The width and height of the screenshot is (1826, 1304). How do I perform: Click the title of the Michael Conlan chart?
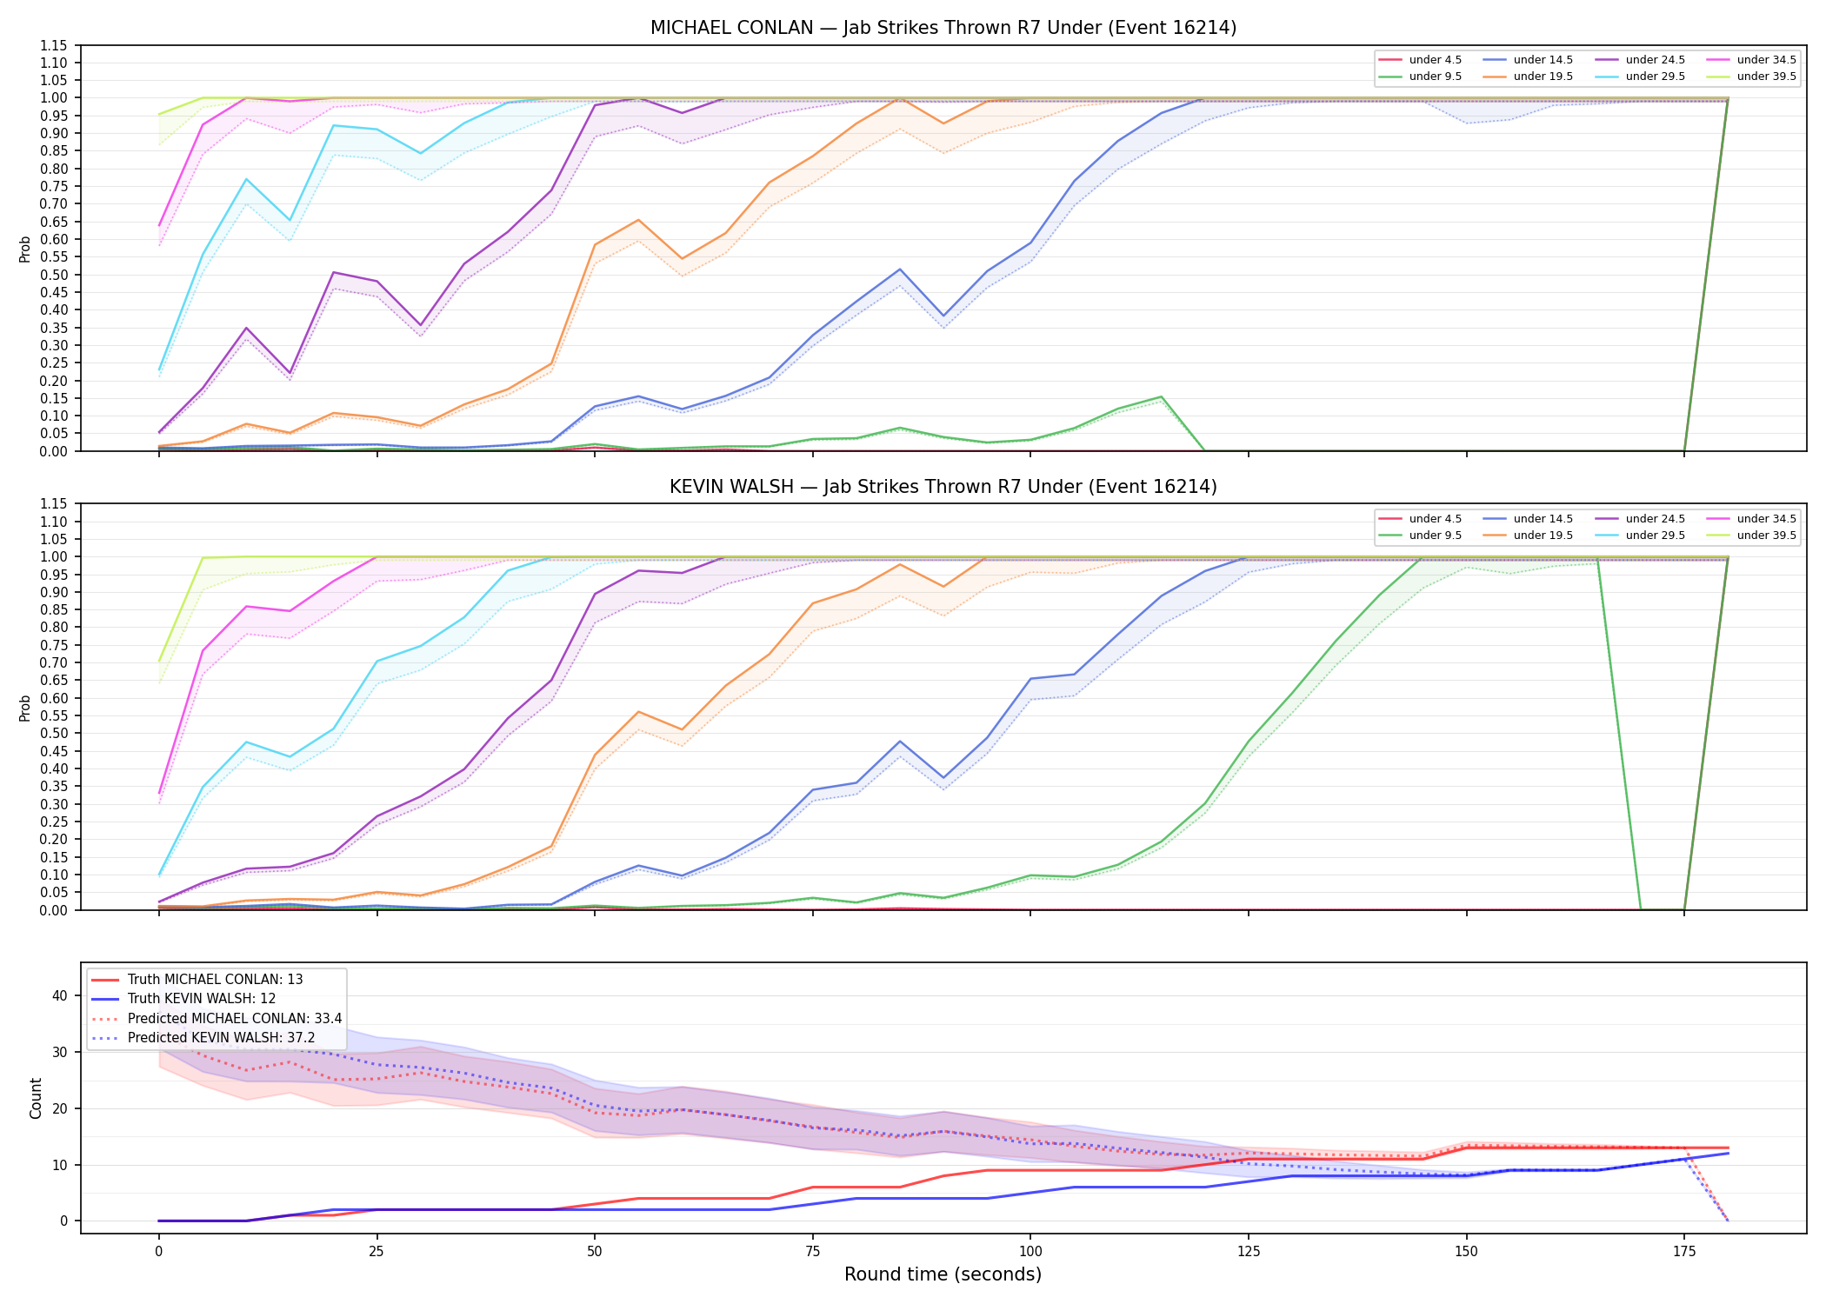943,28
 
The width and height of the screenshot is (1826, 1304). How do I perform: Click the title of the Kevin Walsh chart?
943,487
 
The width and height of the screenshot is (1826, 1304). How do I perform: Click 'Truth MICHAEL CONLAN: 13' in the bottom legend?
197,980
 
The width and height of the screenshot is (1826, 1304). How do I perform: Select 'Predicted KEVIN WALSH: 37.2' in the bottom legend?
203,1038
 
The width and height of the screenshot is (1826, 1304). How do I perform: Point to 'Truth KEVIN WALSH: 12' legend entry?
183,999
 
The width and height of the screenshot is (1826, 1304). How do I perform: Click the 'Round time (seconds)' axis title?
943,1274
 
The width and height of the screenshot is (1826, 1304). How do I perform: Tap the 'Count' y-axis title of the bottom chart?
36,1098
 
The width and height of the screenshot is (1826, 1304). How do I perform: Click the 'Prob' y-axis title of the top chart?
25,249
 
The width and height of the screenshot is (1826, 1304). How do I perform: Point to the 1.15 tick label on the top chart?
54,45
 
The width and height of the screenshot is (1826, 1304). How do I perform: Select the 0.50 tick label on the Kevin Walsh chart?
54,733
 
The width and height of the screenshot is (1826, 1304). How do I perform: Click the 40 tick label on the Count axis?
60,995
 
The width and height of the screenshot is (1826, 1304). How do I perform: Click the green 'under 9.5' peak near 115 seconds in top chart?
1161,397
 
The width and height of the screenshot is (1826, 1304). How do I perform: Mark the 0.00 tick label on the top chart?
54,451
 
